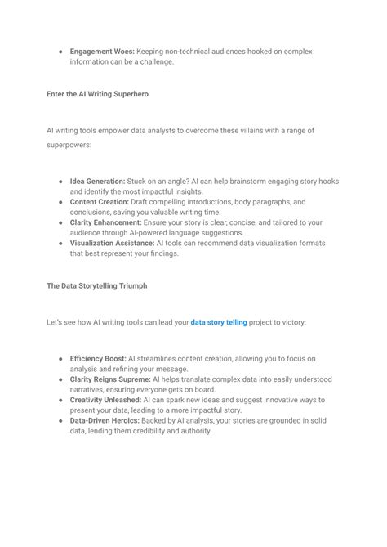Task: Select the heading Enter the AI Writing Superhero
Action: (x=97, y=94)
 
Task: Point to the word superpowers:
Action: (x=69, y=146)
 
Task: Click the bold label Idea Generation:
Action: (x=97, y=181)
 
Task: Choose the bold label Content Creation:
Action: (x=98, y=201)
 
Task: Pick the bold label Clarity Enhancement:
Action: (x=105, y=222)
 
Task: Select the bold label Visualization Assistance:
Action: (x=113, y=243)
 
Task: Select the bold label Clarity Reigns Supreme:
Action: (x=110, y=379)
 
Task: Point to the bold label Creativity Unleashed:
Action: (x=105, y=400)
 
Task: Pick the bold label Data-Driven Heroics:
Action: (x=104, y=420)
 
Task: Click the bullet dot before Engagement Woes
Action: (x=60, y=52)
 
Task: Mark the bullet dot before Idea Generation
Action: (x=60, y=181)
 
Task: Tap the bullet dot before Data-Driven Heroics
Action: (x=60, y=420)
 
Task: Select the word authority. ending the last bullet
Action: (x=191, y=431)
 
